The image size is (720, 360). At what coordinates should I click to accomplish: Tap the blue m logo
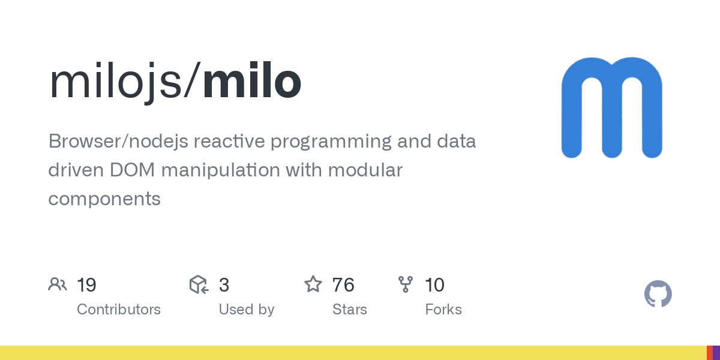tap(611, 108)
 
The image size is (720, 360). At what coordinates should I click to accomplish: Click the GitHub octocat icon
tap(658, 294)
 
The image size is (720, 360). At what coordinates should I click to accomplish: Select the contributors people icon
tap(58, 284)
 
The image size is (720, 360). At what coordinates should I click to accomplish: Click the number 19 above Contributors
tap(86, 285)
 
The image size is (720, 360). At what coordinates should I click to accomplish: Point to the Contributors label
tap(118, 310)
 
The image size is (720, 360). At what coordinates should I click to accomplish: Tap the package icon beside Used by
tap(199, 284)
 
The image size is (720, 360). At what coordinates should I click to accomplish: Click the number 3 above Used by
tap(224, 285)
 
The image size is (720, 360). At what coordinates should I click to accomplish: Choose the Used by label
tap(246, 310)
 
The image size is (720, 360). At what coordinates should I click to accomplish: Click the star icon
tap(313, 284)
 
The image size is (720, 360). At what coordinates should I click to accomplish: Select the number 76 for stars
tap(343, 285)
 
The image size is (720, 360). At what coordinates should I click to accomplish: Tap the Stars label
tap(349, 310)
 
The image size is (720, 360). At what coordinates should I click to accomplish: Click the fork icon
tap(406, 284)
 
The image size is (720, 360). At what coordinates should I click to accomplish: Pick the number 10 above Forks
tap(434, 285)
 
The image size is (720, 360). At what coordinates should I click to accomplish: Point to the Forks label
tap(443, 310)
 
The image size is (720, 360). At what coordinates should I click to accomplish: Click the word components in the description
tap(104, 199)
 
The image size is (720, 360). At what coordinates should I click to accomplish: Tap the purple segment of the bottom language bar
tap(716, 353)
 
